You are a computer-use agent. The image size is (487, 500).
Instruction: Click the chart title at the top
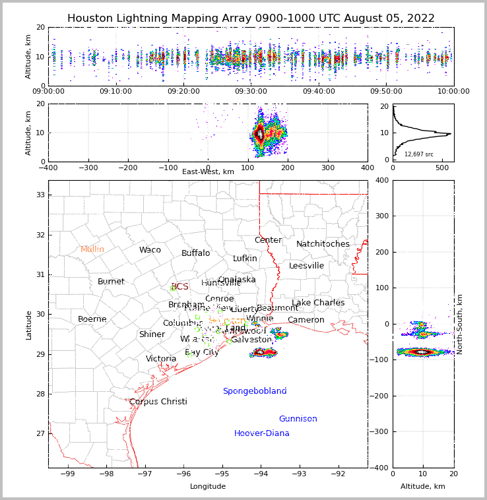tap(251, 18)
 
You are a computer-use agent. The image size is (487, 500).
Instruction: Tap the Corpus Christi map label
tap(158, 402)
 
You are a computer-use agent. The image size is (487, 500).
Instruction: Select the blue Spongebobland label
tap(255, 391)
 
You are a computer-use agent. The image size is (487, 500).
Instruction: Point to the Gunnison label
tap(298, 419)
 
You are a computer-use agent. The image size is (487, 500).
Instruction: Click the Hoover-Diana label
tap(262, 433)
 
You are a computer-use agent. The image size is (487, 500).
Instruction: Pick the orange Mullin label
tap(92, 249)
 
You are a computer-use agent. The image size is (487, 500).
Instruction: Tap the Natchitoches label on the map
tap(323, 244)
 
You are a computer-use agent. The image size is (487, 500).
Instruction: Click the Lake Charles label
tap(318, 303)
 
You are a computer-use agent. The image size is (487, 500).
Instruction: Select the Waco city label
tap(150, 250)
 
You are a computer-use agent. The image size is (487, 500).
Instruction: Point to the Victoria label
tap(161, 359)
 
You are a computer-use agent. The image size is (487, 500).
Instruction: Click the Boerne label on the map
tap(92, 319)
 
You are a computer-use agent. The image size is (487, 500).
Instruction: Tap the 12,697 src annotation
tap(419, 154)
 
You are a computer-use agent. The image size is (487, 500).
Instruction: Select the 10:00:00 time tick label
tap(453, 92)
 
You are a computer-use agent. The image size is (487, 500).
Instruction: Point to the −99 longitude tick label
tap(67, 473)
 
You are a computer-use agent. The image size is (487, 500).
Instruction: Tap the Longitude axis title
tap(208, 486)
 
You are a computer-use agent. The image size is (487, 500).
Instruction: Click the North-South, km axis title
tap(460, 324)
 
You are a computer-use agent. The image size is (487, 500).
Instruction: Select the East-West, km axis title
tap(208, 172)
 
